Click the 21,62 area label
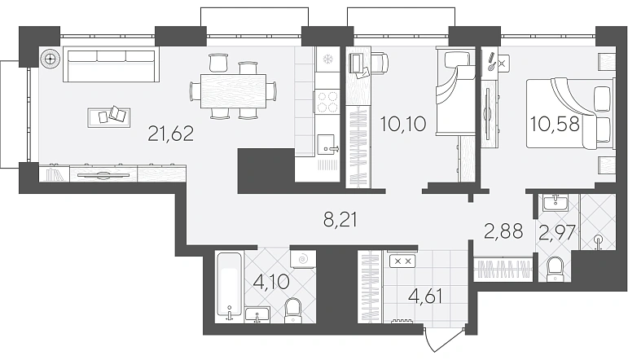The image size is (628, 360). (170, 134)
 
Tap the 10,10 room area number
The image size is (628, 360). (403, 124)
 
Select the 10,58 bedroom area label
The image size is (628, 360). (555, 124)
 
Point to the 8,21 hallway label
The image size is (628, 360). (340, 220)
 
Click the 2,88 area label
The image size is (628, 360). (503, 231)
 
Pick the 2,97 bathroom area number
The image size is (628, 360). (557, 232)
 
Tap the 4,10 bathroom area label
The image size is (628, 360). (271, 282)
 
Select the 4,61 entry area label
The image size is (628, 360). (425, 296)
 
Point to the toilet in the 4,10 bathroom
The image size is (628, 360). (292, 310)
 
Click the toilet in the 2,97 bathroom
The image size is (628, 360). (556, 269)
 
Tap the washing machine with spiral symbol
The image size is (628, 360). (303, 259)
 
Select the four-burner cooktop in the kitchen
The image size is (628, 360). (327, 101)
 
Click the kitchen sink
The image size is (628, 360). (328, 145)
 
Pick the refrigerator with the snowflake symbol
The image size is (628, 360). (327, 59)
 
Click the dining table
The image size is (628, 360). (233, 91)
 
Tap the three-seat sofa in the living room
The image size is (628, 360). (111, 64)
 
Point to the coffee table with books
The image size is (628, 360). (109, 118)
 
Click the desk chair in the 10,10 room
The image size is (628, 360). (379, 63)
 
